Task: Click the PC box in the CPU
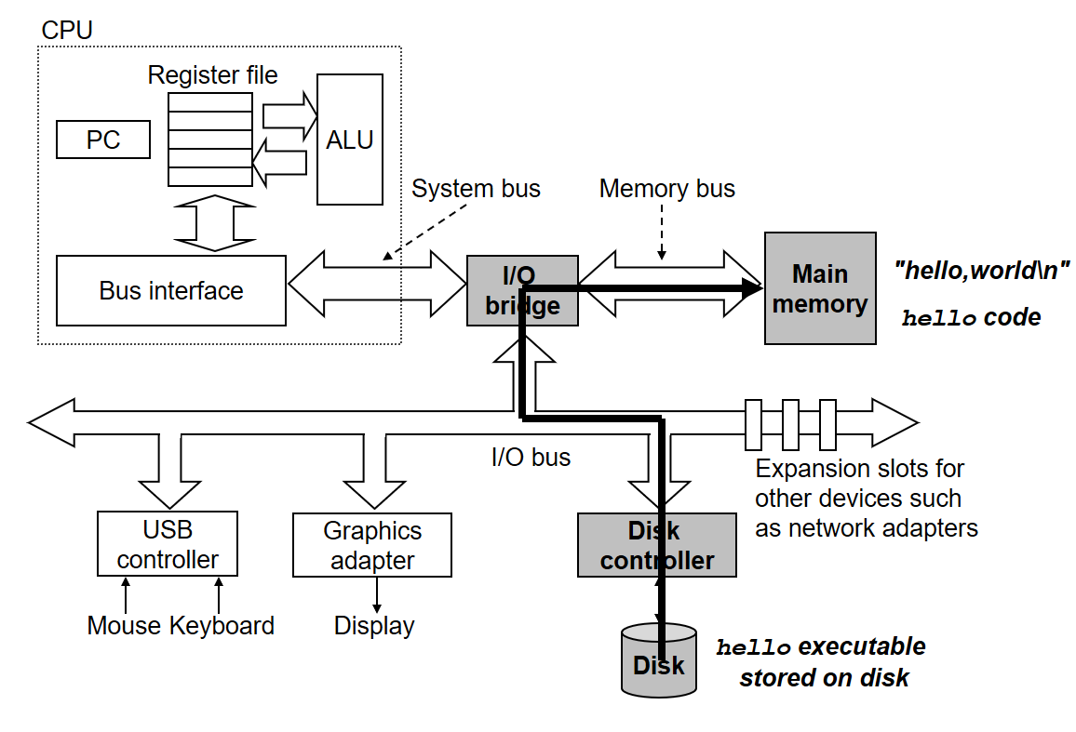point(103,140)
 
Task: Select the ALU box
point(349,140)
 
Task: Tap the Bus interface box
point(171,290)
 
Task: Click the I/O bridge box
point(522,290)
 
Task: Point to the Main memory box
point(820,288)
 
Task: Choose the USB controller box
point(168,545)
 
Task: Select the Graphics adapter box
point(372,545)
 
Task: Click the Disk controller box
point(657,546)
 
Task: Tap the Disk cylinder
point(658,662)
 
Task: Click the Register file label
point(212,75)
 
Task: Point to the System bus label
point(476,189)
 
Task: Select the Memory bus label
point(666,189)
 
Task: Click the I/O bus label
point(531,457)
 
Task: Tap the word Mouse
point(124,626)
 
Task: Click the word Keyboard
point(222,626)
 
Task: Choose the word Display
point(374,626)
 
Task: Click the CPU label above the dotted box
point(67,30)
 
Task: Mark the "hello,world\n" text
point(981,272)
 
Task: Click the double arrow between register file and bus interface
point(214,222)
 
